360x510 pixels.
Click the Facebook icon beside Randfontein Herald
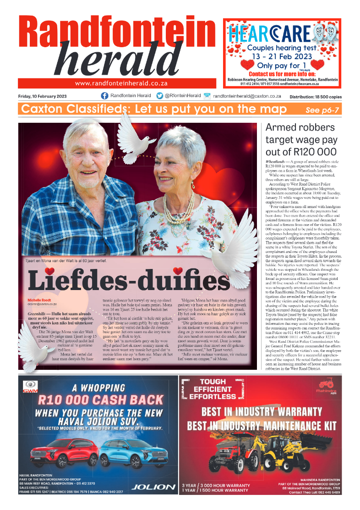point(104,96)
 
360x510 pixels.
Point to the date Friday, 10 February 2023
point(43,96)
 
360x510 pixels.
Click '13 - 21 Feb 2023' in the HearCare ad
point(282,55)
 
